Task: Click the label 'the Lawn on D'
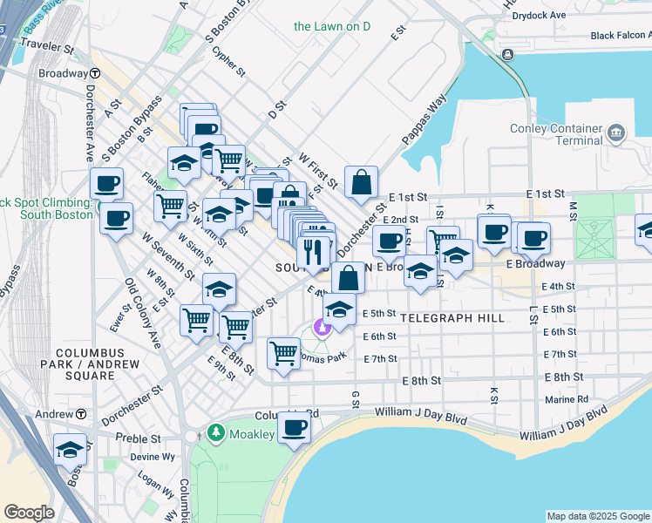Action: coord(332,26)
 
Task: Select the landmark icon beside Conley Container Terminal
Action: coord(618,133)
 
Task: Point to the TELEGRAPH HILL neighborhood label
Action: coord(453,318)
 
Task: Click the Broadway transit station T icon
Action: coord(93,74)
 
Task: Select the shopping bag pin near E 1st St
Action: coord(360,182)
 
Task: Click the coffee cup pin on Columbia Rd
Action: coord(295,427)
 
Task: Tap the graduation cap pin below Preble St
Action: coord(70,449)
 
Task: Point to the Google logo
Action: coord(29,513)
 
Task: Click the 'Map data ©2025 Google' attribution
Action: coord(598,516)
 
